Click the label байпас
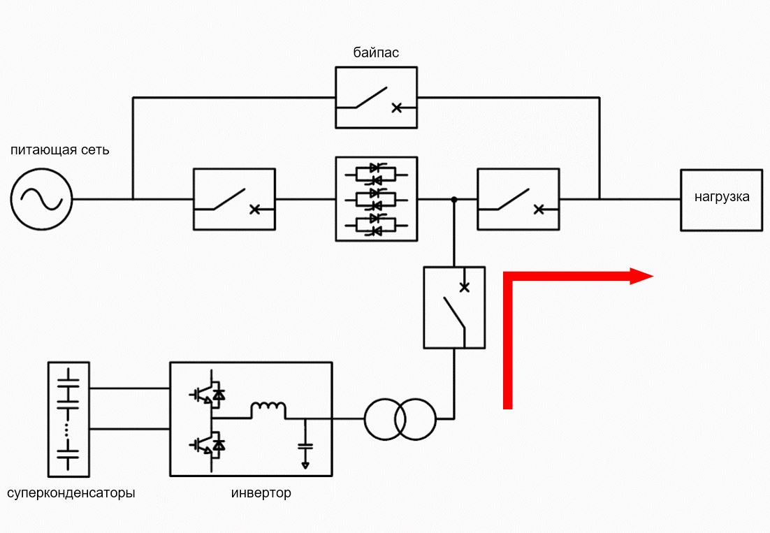[376, 52]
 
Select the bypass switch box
[376, 98]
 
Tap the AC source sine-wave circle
[42, 199]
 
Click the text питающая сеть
[60, 149]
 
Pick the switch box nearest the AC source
[234, 199]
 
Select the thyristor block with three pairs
[376, 199]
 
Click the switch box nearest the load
[518, 199]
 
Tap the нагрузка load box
[721, 200]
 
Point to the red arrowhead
[641, 277]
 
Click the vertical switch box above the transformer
[454, 308]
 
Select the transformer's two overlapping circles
[400, 419]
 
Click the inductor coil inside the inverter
[268, 409]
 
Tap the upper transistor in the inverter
[208, 393]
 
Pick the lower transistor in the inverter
[208, 444]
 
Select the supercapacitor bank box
[68, 420]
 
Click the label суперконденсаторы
[71, 492]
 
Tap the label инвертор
[261, 492]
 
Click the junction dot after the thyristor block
[454, 200]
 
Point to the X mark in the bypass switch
[397, 108]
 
